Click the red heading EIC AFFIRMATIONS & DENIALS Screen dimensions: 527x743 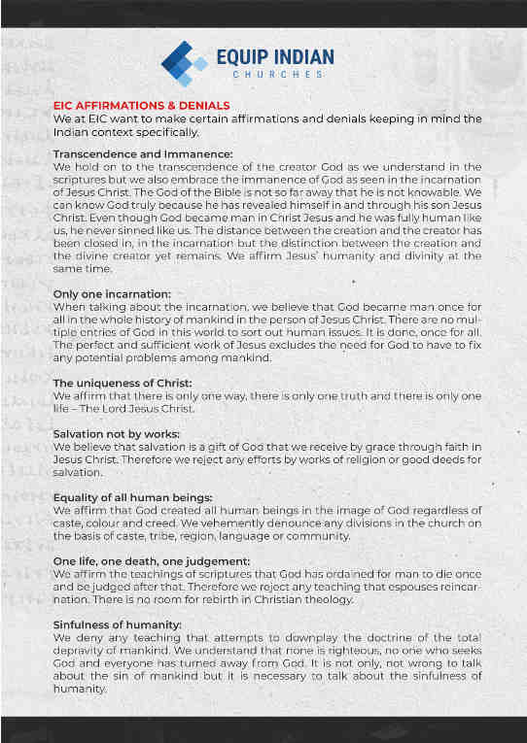point(141,105)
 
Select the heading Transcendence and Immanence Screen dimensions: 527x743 point(142,154)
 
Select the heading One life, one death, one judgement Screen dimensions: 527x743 point(151,560)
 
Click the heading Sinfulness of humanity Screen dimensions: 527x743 point(117,624)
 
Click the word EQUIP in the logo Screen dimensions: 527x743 point(248,55)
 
